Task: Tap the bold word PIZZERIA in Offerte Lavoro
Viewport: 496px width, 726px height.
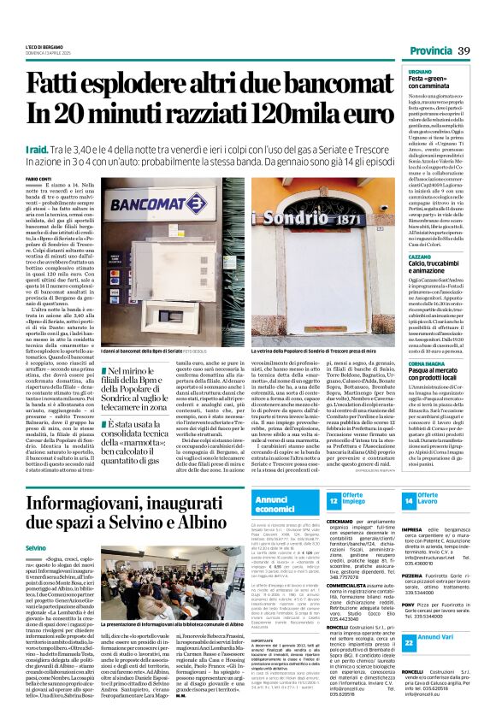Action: [x=415, y=577]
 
